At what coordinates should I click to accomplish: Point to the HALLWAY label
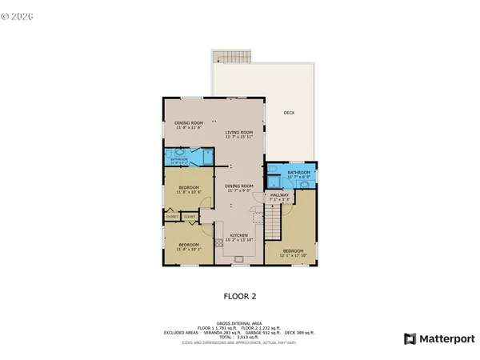pyautogui.click(x=280, y=197)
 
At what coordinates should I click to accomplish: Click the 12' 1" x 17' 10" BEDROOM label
pyautogui.click(x=292, y=254)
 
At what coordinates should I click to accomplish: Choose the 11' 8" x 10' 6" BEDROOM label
pyautogui.click(x=189, y=190)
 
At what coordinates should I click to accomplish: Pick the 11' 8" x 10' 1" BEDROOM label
pyautogui.click(x=189, y=246)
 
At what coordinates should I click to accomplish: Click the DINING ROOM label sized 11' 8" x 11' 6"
pyautogui.click(x=189, y=125)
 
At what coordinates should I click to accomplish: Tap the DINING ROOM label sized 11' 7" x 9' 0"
pyautogui.click(x=239, y=189)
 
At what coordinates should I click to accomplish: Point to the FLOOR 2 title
pyautogui.click(x=239, y=296)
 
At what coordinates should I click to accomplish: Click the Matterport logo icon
pyautogui.click(x=410, y=338)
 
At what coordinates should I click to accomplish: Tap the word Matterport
pyautogui.click(x=444, y=338)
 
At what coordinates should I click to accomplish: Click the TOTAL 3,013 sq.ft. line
pyautogui.click(x=239, y=337)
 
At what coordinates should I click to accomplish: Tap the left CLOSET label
pyautogui.click(x=172, y=216)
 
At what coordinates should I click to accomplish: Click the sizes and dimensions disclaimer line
pyautogui.click(x=239, y=342)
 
